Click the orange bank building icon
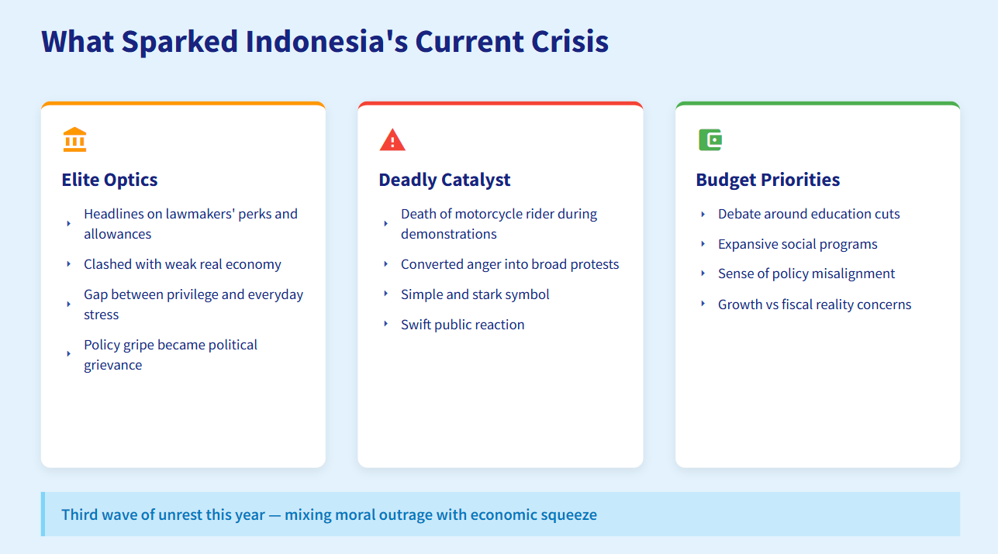point(74,139)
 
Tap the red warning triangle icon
point(392,139)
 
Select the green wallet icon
point(710,139)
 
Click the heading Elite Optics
point(109,180)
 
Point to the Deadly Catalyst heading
point(444,180)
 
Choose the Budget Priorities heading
point(768,180)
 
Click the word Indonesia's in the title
point(326,41)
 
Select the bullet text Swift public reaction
point(462,325)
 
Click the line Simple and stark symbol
point(475,294)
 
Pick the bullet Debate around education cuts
point(809,214)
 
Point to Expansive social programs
point(797,244)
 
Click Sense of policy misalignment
point(806,274)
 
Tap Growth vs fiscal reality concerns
point(814,305)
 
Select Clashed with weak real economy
point(182,264)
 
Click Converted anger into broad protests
point(509,264)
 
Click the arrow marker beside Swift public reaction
point(386,324)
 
